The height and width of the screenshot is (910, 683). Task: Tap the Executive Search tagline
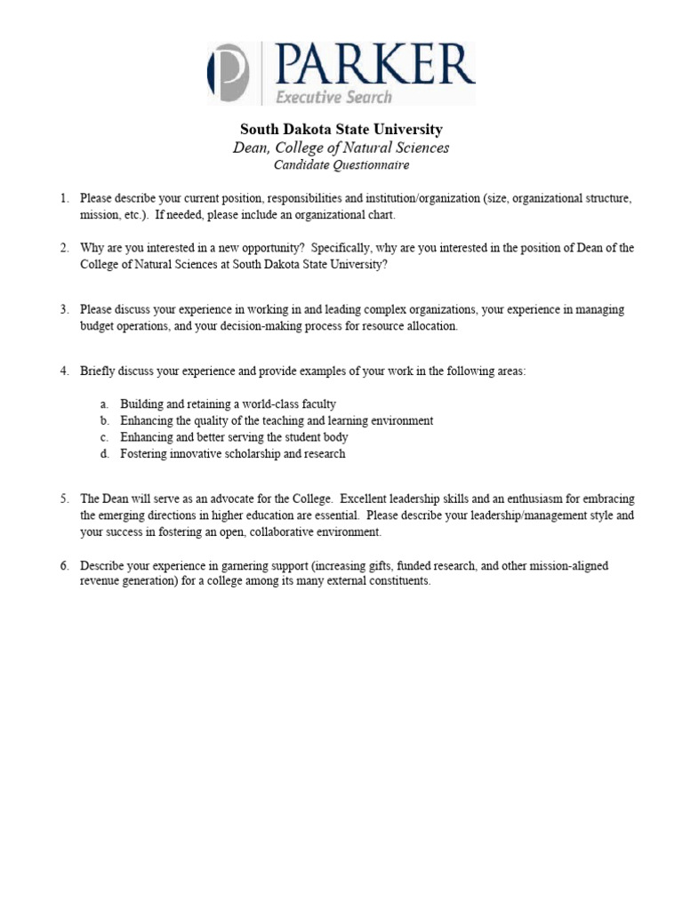pyautogui.click(x=333, y=96)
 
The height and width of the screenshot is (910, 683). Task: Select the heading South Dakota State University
pyautogui.click(x=341, y=130)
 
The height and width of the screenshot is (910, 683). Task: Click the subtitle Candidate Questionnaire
pyautogui.click(x=341, y=165)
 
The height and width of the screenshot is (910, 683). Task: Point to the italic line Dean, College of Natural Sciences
pyautogui.click(x=341, y=148)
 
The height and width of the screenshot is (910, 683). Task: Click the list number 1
pyautogui.click(x=64, y=198)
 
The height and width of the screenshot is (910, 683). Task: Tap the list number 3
pyautogui.click(x=64, y=309)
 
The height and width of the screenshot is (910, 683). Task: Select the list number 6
pyautogui.click(x=64, y=565)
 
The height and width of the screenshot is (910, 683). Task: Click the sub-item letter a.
pyautogui.click(x=103, y=403)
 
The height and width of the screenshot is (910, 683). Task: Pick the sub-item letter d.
pyautogui.click(x=103, y=453)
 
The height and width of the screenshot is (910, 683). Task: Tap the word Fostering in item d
pyautogui.click(x=144, y=453)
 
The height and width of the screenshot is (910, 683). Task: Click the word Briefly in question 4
pyautogui.click(x=98, y=371)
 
